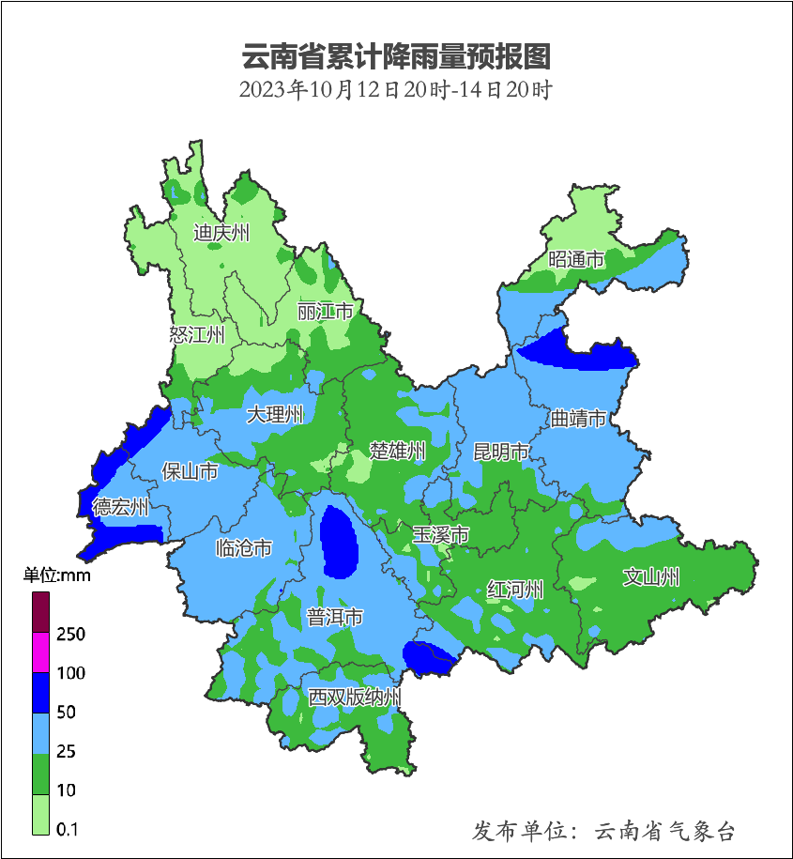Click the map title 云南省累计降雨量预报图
396,56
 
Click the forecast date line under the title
396,91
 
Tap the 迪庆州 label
221,233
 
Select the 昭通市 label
576,260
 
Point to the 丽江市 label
325,311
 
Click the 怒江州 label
197,334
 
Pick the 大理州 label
275,414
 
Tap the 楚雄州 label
397,451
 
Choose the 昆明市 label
501,453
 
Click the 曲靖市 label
578,418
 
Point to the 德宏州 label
120,508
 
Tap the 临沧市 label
244,548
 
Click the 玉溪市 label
441,534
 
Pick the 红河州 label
515,590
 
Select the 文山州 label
651,577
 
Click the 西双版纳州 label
356,698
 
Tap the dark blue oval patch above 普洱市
339,541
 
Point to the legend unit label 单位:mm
57,575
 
